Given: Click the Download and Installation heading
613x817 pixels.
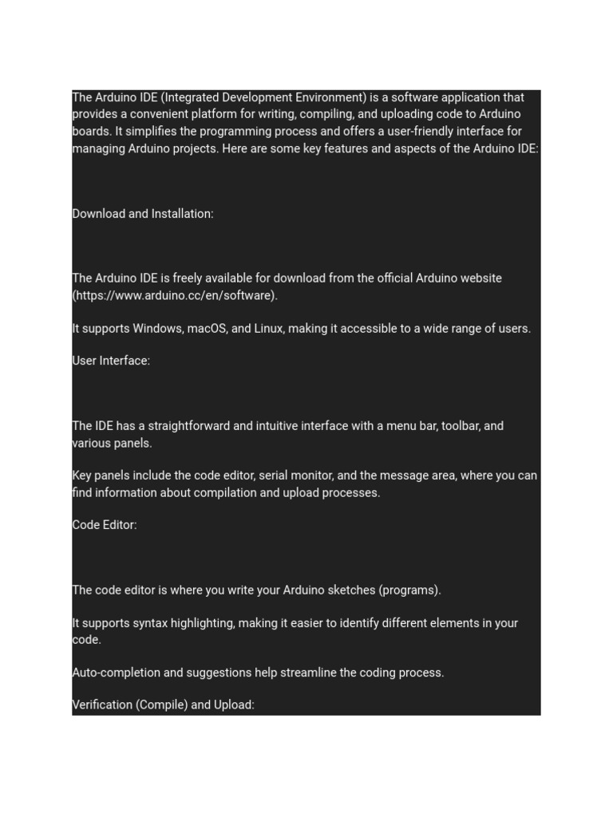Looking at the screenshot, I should coord(143,214).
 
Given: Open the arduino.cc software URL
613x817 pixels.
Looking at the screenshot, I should coord(175,295).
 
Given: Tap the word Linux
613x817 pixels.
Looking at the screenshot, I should coord(268,328).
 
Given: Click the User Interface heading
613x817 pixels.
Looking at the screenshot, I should coord(111,361).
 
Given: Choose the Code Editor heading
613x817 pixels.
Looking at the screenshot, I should coord(105,525).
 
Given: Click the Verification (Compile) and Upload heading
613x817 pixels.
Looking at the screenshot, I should coord(164,705).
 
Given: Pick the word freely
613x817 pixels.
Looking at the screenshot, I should coord(189,278).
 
